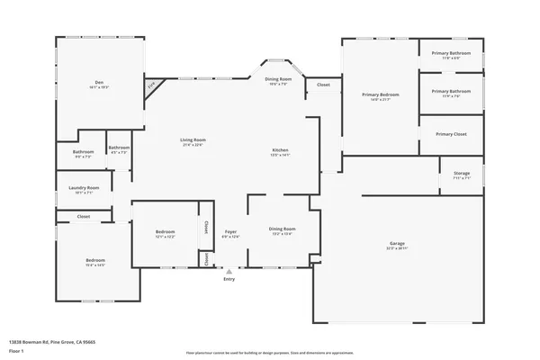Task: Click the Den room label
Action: pyautogui.click(x=100, y=82)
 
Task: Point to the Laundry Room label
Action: pyautogui.click(x=83, y=187)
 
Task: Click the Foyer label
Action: pyautogui.click(x=231, y=231)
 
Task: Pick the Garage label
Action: pyautogui.click(x=397, y=244)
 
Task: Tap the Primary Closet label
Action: pyautogui.click(x=451, y=134)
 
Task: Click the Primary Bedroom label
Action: pyautogui.click(x=381, y=94)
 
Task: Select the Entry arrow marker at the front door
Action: pyautogui.click(x=229, y=269)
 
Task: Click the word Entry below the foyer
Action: pyautogui.click(x=229, y=278)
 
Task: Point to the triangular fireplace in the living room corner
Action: pyautogui.click(x=154, y=85)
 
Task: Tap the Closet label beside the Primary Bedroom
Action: pyautogui.click(x=323, y=85)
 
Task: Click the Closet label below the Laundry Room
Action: pyautogui.click(x=83, y=217)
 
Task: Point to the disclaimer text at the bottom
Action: pyautogui.click(x=269, y=354)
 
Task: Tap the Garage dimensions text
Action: pyautogui.click(x=397, y=249)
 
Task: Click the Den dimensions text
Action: pyautogui.click(x=100, y=87)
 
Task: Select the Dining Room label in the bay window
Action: pyautogui.click(x=278, y=79)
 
